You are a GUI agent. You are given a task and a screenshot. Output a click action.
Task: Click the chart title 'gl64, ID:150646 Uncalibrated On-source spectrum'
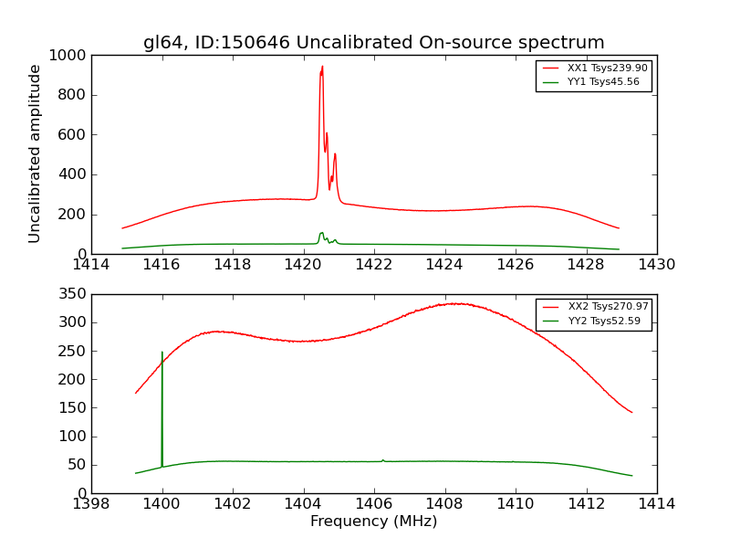tap(373, 42)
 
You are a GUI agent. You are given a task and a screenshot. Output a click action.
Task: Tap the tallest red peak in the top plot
tap(321, 68)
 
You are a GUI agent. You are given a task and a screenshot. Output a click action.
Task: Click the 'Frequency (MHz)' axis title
tap(373, 522)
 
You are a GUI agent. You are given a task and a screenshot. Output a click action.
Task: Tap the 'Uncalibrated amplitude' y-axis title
tap(35, 153)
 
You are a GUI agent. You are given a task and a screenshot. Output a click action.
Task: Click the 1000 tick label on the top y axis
tap(68, 56)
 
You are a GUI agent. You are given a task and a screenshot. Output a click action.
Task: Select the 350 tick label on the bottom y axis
tap(72, 294)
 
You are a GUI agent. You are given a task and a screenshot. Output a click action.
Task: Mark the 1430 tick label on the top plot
tap(656, 265)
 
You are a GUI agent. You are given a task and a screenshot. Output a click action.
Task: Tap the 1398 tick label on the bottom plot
tap(91, 504)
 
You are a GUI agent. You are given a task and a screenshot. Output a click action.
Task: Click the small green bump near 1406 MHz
tap(382, 460)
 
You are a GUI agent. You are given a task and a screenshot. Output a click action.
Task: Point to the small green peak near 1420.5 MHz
tap(321, 234)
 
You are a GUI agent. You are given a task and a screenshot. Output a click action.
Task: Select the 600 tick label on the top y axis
tap(72, 135)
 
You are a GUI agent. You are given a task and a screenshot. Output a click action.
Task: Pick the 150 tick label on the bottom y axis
tap(72, 408)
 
